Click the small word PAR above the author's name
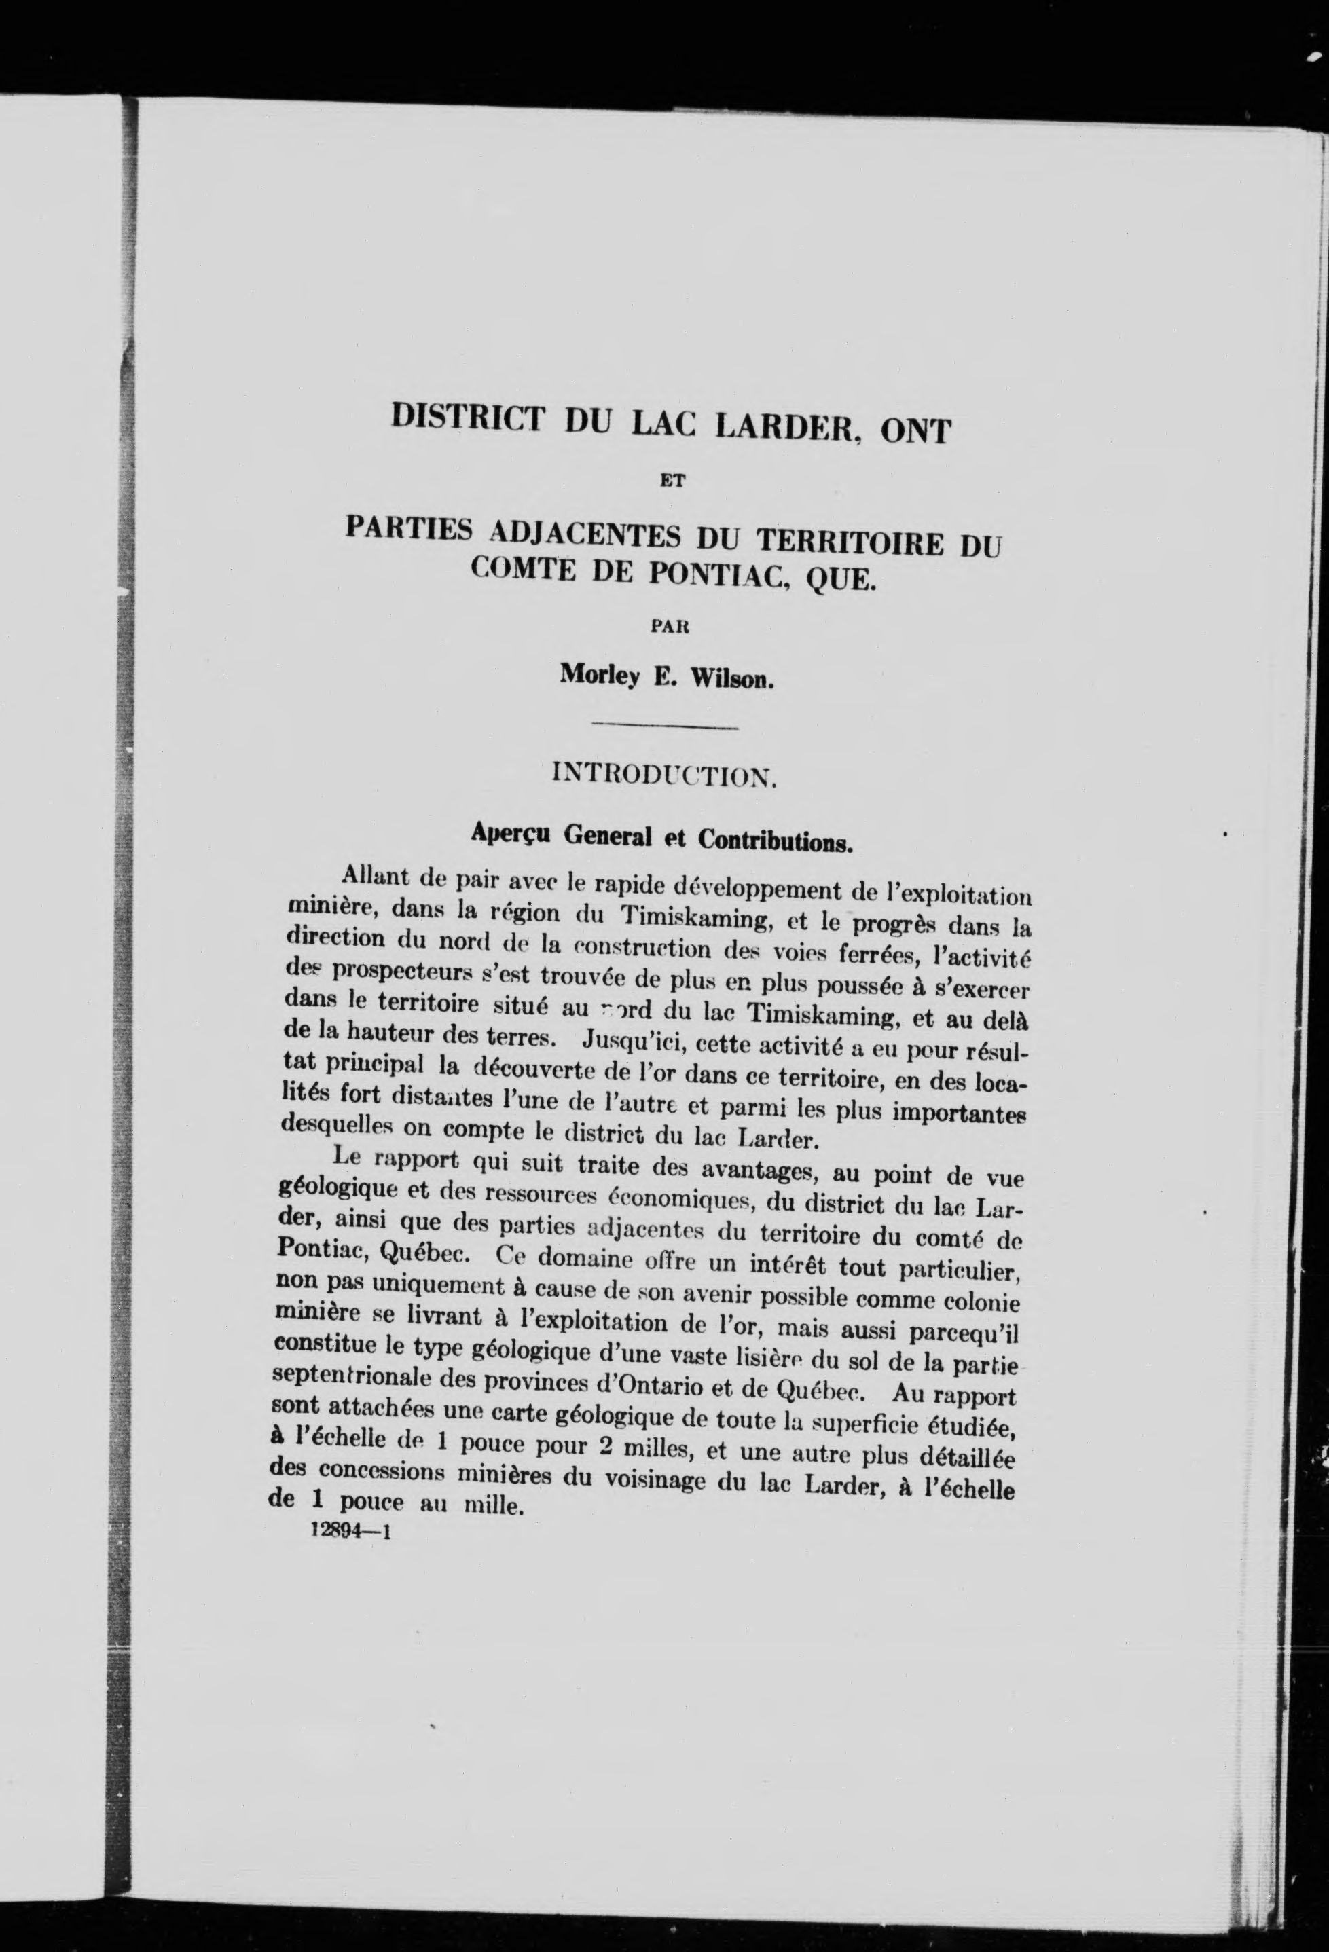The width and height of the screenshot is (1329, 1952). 670,627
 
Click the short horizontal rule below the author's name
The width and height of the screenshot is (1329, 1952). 666,726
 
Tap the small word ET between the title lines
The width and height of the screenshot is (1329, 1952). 670,482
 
